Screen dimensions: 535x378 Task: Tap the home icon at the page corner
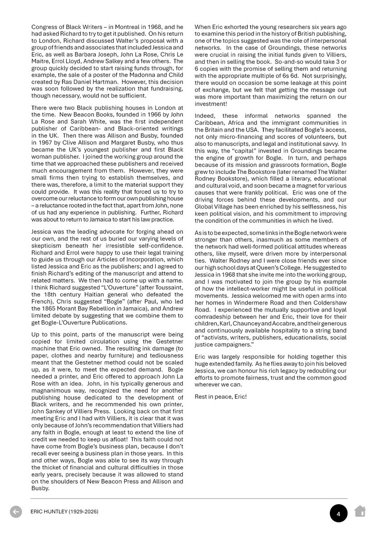click(360, 511)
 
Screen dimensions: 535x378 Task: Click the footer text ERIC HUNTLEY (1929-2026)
click(65, 512)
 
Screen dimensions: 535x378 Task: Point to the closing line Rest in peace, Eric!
click(221, 396)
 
